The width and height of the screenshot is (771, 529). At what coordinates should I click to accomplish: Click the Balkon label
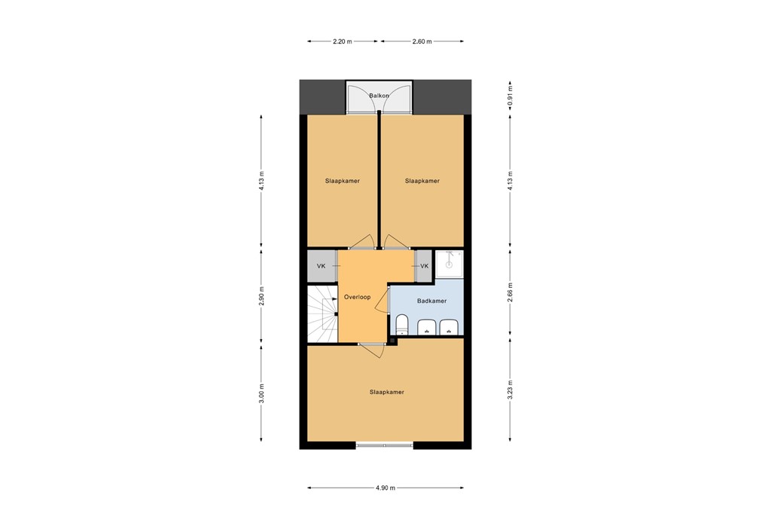coord(378,96)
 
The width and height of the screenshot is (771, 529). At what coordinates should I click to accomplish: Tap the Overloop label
coord(358,298)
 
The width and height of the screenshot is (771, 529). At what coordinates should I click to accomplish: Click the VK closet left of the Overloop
coord(322,266)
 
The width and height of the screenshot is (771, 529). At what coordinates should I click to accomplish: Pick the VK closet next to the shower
coord(424,266)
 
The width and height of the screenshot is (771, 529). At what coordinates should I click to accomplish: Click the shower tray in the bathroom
coord(449,264)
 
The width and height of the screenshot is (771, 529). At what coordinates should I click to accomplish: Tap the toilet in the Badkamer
coord(402,326)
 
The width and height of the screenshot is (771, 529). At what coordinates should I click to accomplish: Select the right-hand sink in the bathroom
coord(449,327)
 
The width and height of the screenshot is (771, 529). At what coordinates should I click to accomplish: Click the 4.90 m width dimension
coord(385,488)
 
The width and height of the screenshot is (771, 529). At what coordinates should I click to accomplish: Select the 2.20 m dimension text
coord(343,41)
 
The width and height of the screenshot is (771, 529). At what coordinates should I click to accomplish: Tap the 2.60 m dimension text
coord(422,41)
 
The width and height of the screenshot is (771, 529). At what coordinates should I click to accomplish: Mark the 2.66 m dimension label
coord(510,292)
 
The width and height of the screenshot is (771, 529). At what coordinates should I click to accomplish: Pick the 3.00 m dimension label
coord(261,393)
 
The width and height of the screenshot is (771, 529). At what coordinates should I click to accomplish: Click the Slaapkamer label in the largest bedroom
coord(386,392)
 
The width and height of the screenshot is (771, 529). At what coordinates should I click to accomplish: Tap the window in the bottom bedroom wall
coord(384,445)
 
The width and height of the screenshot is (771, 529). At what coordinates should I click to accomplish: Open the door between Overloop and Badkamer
coord(387,301)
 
